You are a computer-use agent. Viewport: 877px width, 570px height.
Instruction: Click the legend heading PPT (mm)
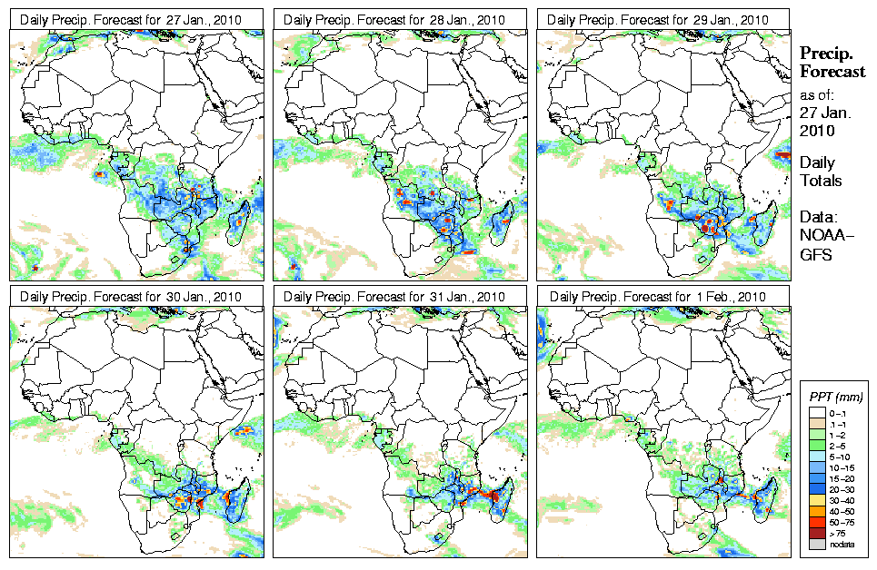point(835,398)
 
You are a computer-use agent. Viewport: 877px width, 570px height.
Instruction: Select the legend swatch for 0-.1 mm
point(816,413)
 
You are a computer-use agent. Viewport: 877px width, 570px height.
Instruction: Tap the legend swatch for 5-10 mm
point(816,457)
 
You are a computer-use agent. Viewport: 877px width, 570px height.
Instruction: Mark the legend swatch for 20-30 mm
point(816,490)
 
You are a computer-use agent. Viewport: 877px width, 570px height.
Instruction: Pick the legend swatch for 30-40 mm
point(816,501)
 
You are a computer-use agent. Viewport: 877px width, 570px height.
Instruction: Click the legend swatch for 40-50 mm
point(816,512)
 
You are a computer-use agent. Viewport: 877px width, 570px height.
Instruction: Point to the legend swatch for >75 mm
point(816,534)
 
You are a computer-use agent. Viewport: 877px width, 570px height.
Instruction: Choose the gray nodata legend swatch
point(816,545)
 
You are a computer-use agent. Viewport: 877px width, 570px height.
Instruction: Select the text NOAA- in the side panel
point(820,237)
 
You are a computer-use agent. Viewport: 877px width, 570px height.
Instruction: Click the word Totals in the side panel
point(821,181)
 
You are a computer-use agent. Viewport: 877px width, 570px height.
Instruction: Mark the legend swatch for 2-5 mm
point(816,447)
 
